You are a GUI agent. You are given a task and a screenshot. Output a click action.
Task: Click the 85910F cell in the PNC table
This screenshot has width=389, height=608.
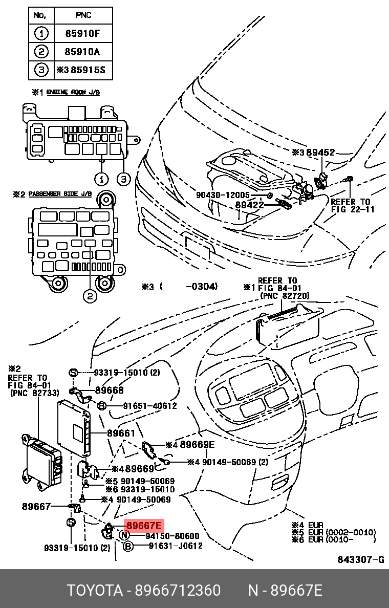[x=82, y=34]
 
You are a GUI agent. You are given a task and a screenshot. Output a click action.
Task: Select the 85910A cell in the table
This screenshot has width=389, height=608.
[x=82, y=52]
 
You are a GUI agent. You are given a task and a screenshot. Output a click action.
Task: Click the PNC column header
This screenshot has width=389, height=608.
[x=82, y=16]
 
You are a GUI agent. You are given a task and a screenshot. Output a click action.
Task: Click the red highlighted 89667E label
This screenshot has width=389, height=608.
[x=144, y=525]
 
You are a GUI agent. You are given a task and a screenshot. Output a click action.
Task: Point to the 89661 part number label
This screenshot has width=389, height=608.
[x=121, y=433]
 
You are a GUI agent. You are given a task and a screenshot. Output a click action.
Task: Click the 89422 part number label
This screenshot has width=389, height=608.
[x=249, y=205]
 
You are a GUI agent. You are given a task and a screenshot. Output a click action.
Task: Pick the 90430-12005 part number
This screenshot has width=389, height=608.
[x=223, y=195]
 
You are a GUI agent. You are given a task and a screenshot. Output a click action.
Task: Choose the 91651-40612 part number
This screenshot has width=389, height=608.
[x=149, y=406]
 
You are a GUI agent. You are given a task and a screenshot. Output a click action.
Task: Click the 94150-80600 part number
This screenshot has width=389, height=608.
[x=172, y=536]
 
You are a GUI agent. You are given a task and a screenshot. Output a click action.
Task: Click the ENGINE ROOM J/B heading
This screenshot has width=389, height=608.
[x=73, y=93]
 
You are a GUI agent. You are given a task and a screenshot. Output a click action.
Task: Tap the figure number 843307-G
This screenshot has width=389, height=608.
[x=360, y=560]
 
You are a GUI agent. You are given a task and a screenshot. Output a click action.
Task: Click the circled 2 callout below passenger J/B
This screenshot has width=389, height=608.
[x=90, y=296]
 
